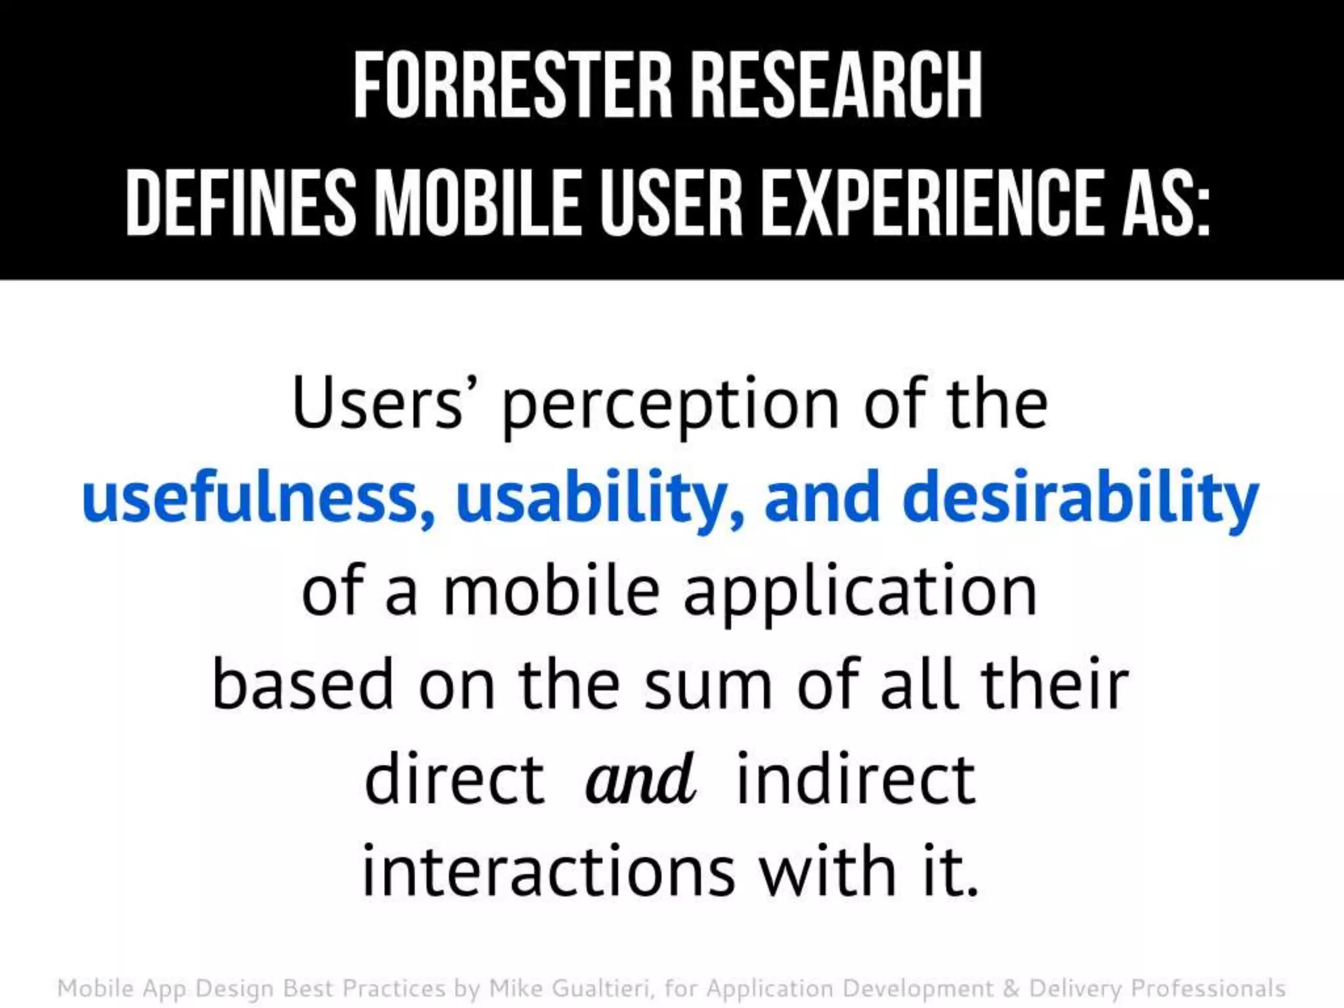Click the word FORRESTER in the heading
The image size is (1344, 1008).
click(x=513, y=85)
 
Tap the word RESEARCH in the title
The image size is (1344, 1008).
click(x=837, y=85)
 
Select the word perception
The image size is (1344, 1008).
click(x=670, y=407)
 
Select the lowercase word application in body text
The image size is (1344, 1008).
click(x=860, y=593)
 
